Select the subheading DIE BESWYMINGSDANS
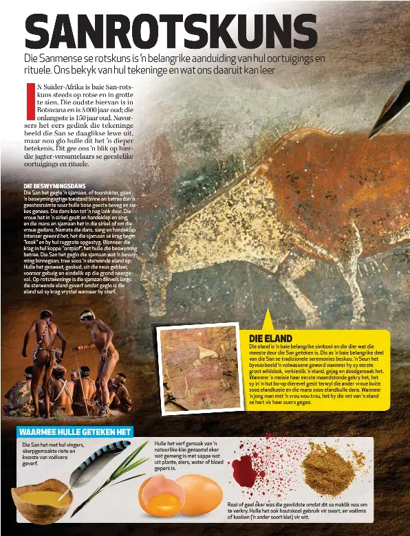coord(54,186)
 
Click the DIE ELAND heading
coord(270,338)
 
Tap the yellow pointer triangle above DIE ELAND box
coord(266,320)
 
